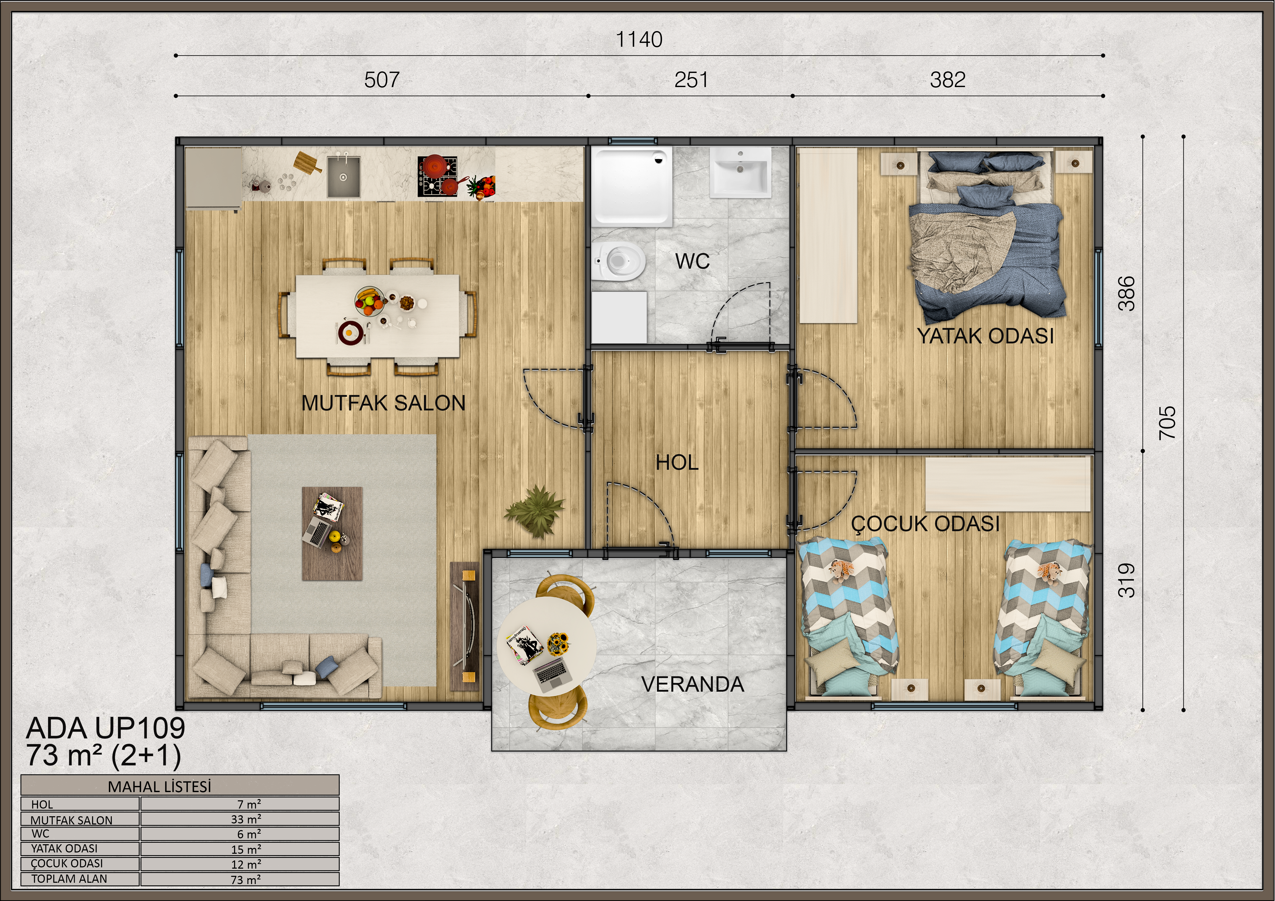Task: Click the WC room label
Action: pos(692,261)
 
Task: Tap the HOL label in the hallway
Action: pos(677,462)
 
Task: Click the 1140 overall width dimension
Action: pos(639,39)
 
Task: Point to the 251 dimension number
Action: pos(691,80)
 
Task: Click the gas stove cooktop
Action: pos(438,176)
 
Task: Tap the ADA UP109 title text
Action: pos(106,728)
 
